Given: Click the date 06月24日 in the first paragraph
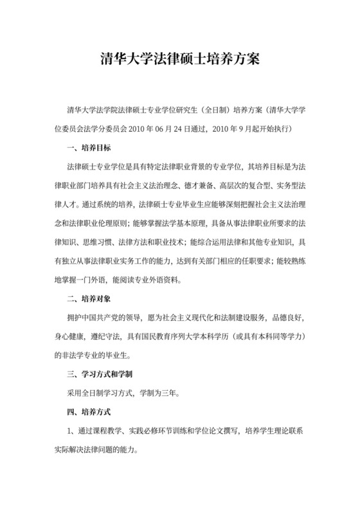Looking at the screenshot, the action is [x=172, y=129].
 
